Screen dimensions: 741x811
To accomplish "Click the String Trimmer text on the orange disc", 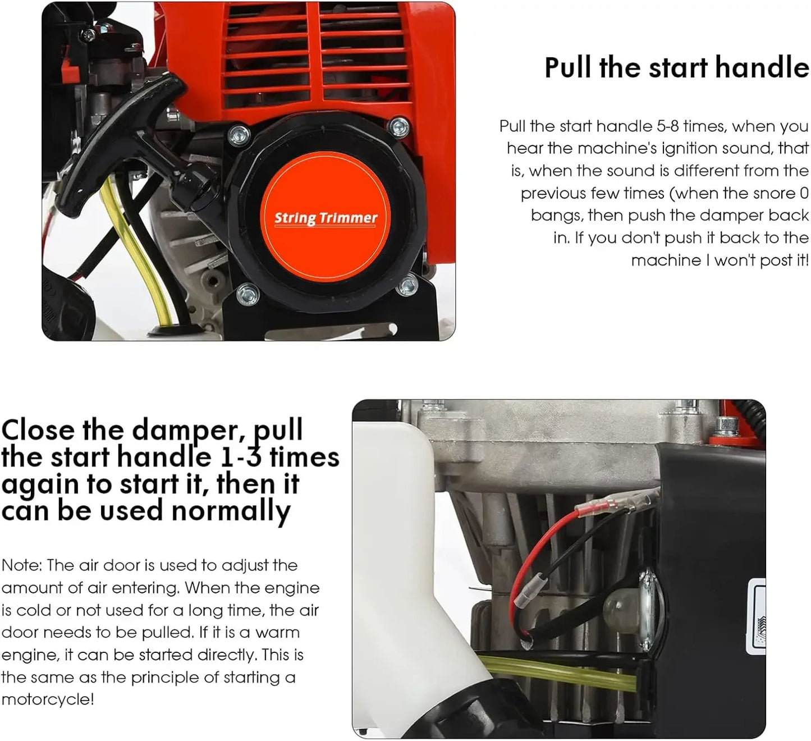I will pos(326,218).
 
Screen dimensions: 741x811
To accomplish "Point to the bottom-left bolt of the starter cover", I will pos(247,293).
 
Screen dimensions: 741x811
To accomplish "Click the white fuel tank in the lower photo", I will pos(393,561).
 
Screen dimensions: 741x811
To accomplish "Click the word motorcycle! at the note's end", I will pos(48,699).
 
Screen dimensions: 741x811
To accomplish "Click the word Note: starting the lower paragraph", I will pos(21,565).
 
